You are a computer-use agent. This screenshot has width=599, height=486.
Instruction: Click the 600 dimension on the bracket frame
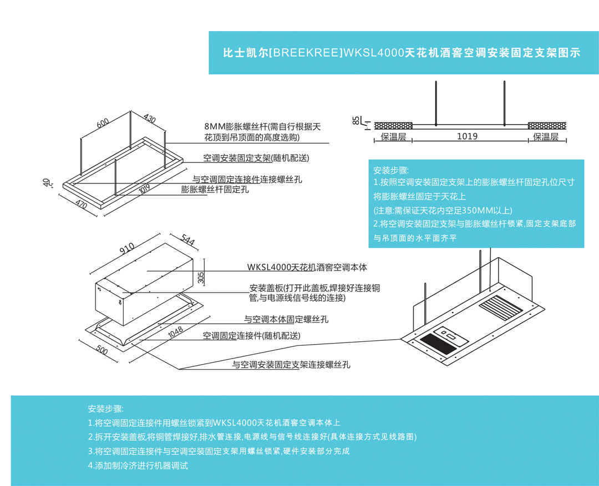[x=103, y=124]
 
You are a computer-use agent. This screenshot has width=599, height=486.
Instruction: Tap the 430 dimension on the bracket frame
[x=149, y=119]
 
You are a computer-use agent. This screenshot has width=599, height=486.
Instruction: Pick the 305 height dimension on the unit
[x=201, y=278]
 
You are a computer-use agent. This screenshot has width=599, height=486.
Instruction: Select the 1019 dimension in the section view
[x=467, y=136]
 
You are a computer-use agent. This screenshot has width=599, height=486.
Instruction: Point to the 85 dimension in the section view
[x=355, y=120]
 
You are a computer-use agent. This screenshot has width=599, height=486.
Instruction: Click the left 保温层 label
[x=393, y=137]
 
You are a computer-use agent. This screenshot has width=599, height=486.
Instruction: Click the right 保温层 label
[x=546, y=137]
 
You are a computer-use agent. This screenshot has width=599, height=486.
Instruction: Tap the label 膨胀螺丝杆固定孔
[x=215, y=190]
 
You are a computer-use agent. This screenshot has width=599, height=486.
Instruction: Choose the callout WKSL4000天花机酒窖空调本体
[x=307, y=267]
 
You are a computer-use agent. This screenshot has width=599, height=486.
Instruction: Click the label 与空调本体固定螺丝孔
[x=286, y=319]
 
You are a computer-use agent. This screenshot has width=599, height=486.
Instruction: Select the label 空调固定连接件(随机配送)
[x=251, y=336]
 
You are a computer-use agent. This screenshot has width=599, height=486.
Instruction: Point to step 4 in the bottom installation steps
[x=138, y=465]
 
